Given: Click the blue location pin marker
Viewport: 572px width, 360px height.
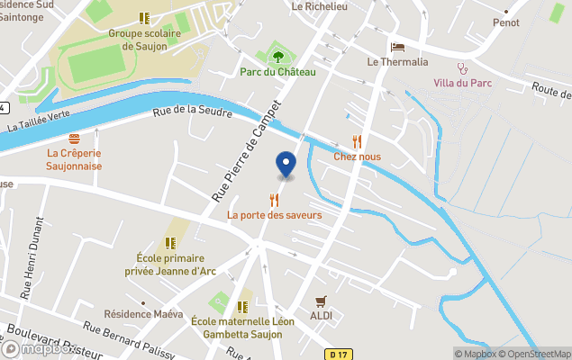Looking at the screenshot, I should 286,165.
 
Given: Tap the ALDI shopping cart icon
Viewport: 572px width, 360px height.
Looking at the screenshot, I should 321,301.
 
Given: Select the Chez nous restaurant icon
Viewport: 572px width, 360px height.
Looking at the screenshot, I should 357,140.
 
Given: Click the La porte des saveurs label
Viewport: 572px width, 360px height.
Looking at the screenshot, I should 274,215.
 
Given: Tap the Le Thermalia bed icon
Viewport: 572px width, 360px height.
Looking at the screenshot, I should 397,47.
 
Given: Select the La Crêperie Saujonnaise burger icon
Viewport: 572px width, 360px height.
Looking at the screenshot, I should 74,139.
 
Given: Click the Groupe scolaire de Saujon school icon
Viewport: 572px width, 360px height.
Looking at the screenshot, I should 144,18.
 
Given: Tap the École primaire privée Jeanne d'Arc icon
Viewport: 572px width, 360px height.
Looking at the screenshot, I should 170,243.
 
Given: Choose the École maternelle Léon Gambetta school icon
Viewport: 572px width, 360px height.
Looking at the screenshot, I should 242,305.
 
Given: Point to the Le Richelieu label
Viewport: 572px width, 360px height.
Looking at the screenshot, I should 321,5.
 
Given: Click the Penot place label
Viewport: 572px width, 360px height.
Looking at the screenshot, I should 505,22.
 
